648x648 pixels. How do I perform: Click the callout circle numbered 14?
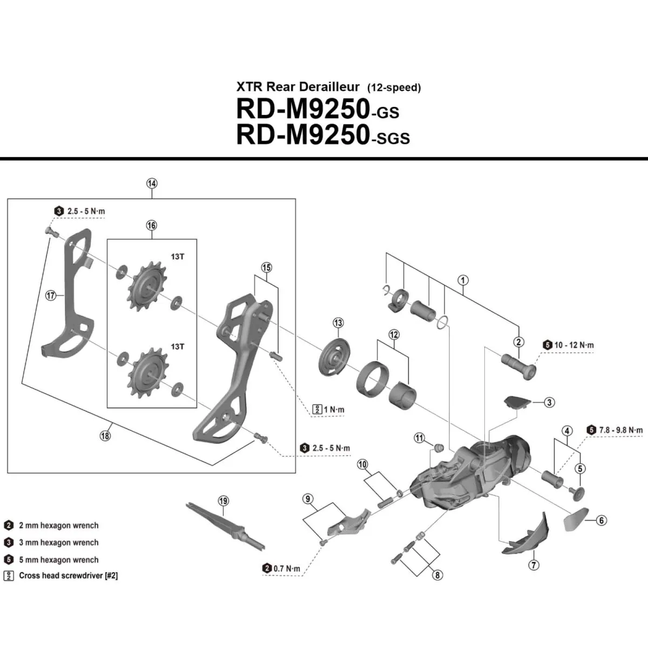click(x=152, y=184)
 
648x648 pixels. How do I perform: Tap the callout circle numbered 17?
click(x=51, y=296)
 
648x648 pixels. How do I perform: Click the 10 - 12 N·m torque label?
click(x=573, y=345)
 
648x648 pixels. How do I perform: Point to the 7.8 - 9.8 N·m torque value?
click(x=621, y=430)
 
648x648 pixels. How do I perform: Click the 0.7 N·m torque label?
click(x=286, y=568)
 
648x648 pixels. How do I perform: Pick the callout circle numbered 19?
click(x=224, y=501)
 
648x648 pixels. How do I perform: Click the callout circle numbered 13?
click(x=338, y=323)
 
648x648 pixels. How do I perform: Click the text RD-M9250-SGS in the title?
click(x=323, y=135)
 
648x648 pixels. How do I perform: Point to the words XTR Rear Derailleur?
click(x=298, y=87)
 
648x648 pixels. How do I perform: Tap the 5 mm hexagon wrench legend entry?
click(x=58, y=560)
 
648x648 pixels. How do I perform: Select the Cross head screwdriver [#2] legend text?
click(x=68, y=576)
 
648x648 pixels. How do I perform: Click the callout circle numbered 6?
click(x=601, y=521)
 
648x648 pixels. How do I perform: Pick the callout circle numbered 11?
click(x=420, y=438)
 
